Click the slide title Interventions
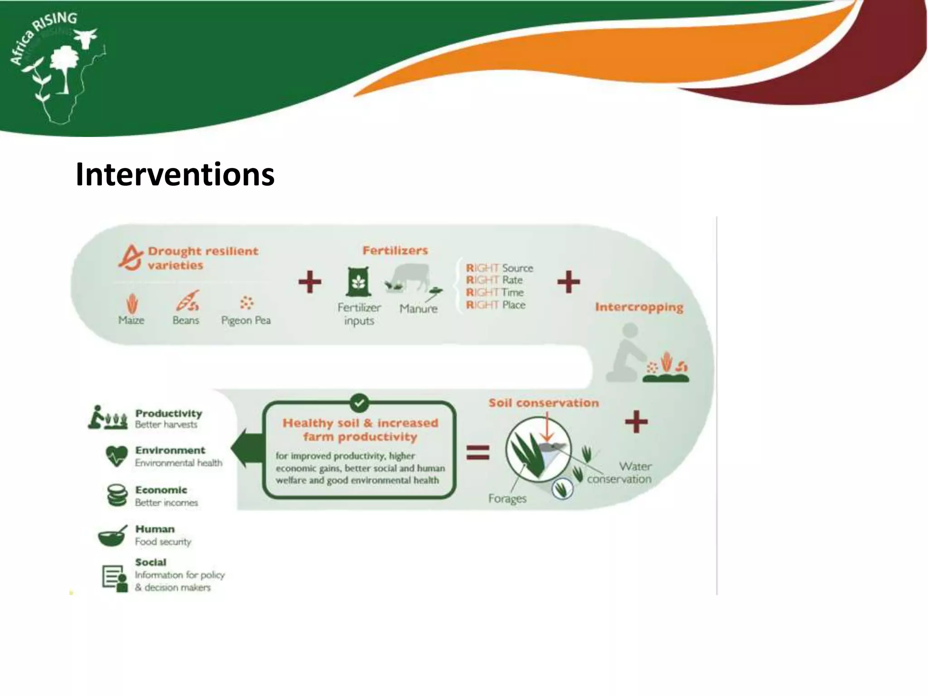click(x=175, y=174)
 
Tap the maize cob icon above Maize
click(x=132, y=303)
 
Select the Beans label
click(x=186, y=320)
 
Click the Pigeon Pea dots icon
click(x=246, y=303)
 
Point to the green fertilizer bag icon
click(x=358, y=282)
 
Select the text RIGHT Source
click(x=499, y=268)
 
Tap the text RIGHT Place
click(x=496, y=305)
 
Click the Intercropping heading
click(x=639, y=307)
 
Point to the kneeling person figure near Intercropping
click(x=626, y=353)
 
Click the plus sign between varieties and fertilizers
click(x=310, y=282)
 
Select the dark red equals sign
click(x=478, y=452)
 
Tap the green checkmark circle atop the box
click(x=359, y=402)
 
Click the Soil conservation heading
click(x=543, y=403)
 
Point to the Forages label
click(x=507, y=498)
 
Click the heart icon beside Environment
click(x=116, y=456)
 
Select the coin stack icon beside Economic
click(x=117, y=495)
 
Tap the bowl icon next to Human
click(x=112, y=536)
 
